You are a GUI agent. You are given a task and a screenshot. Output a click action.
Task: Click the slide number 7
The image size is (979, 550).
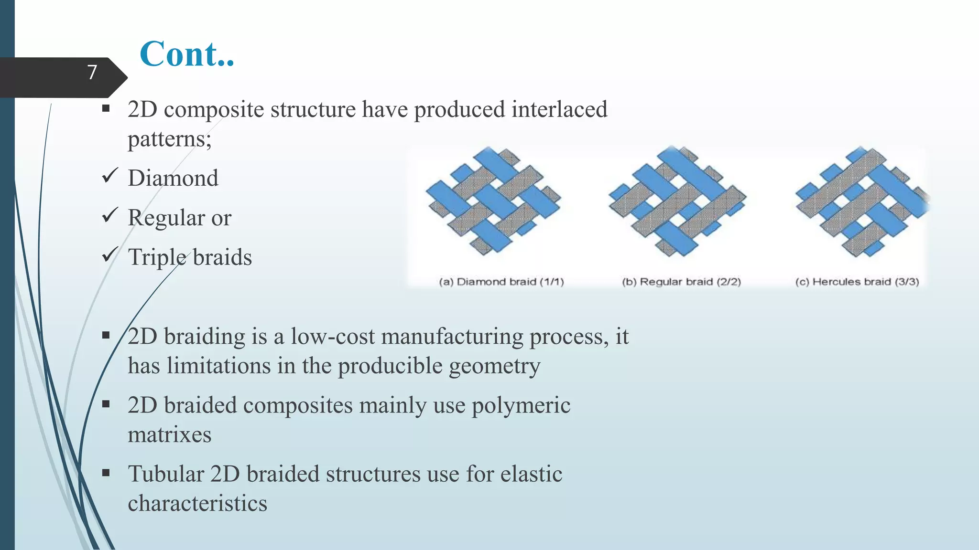click(92, 73)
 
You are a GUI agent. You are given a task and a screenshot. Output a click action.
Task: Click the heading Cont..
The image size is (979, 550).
click(186, 54)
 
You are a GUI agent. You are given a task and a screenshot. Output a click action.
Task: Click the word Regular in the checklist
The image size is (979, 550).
click(166, 218)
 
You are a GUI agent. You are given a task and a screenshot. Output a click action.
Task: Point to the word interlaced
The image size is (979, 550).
click(559, 109)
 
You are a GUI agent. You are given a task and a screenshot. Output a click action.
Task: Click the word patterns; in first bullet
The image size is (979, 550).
click(169, 139)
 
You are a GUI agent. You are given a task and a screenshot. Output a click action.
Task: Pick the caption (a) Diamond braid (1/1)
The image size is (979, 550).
click(501, 282)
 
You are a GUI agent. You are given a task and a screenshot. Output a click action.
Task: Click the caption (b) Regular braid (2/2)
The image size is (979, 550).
click(681, 282)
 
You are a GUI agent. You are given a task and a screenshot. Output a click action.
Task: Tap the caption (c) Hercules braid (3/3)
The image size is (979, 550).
click(857, 282)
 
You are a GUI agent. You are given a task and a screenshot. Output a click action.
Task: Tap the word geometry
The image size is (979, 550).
click(494, 367)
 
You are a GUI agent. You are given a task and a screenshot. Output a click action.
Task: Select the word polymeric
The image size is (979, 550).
click(521, 405)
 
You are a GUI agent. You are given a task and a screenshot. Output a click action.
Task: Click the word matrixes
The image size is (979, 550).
click(169, 435)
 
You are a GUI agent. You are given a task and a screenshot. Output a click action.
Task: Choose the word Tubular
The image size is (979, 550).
click(166, 474)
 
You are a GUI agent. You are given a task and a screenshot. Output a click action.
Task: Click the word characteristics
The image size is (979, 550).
click(197, 504)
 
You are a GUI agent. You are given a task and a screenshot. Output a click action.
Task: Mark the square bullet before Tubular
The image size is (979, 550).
click(106, 473)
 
